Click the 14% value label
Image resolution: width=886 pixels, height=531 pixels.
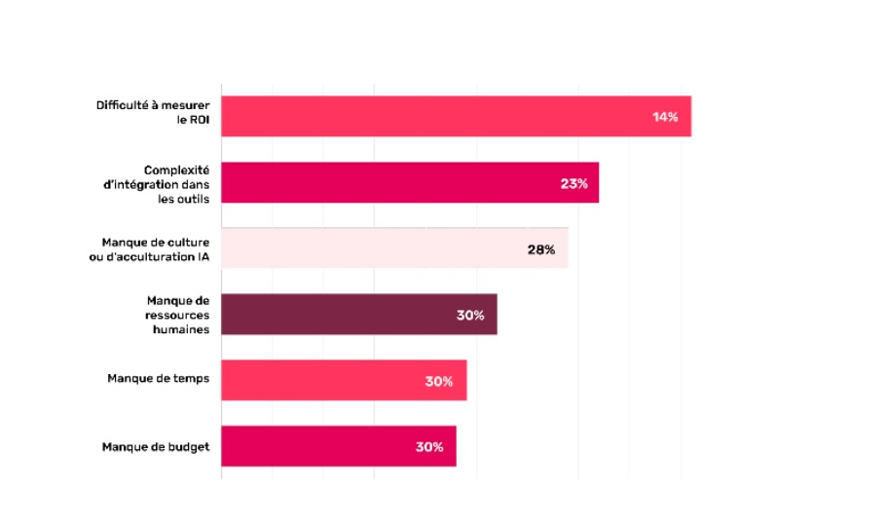pyautogui.click(x=665, y=117)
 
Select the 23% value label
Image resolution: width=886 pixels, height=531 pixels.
pyautogui.click(x=573, y=183)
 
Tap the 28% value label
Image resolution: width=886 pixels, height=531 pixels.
pyautogui.click(x=541, y=249)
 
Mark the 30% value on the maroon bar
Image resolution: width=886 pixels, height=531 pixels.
pyautogui.click(x=470, y=316)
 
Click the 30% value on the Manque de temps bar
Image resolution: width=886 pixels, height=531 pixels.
pyautogui.click(x=439, y=381)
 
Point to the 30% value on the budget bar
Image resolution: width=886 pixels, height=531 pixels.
pyautogui.click(x=429, y=447)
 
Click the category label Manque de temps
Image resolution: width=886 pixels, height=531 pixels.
pyautogui.click(x=158, y=378)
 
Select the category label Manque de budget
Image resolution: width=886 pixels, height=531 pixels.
pyautogui.click(x=156, y=447)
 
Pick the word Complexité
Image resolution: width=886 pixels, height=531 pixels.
pyautogui.click(x=176, y=170)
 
